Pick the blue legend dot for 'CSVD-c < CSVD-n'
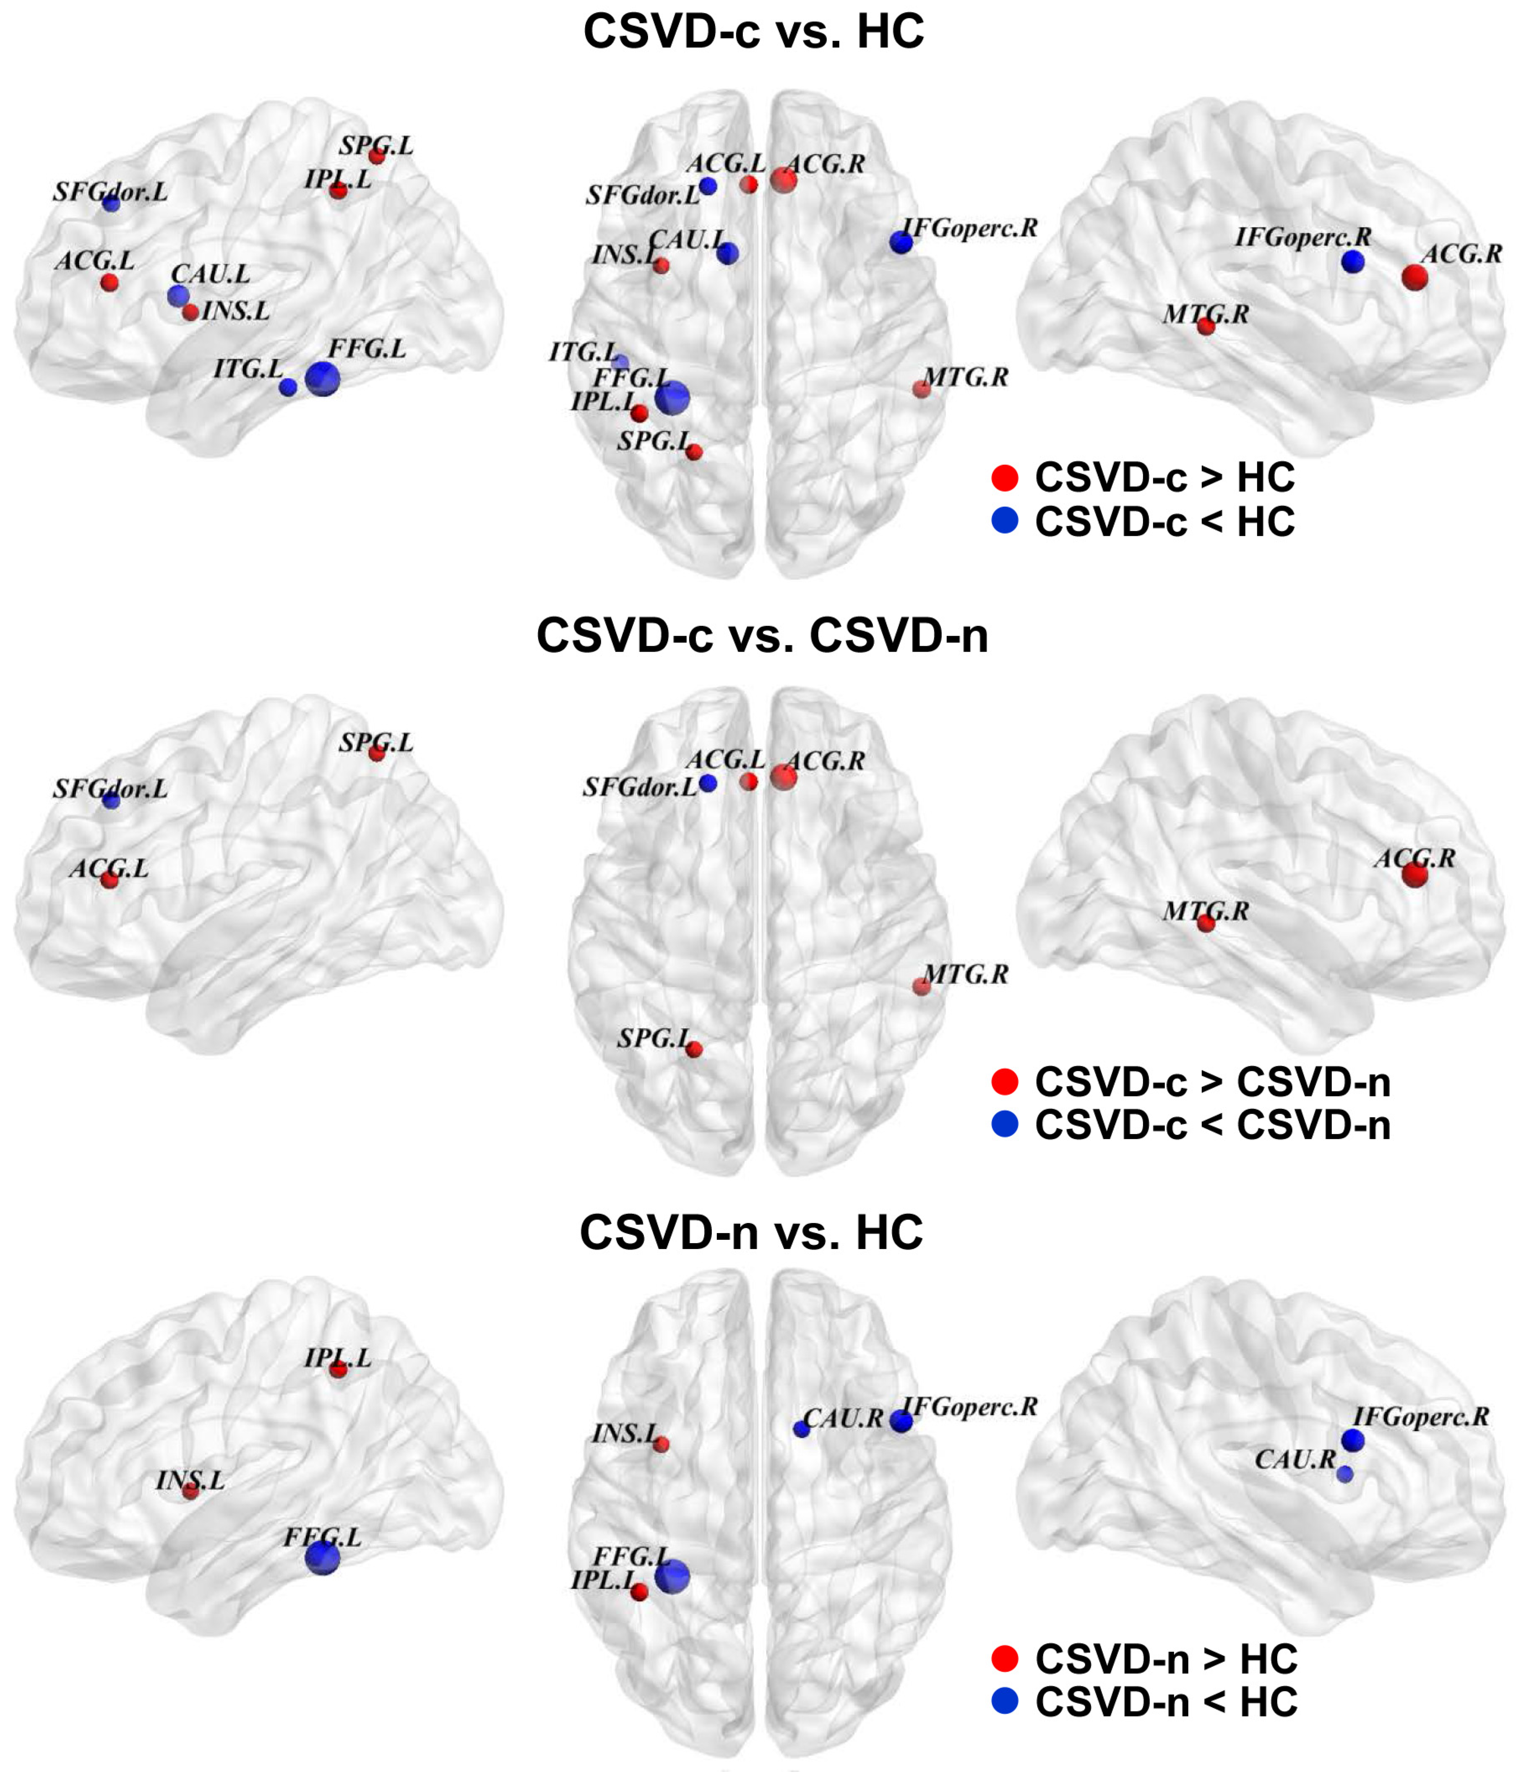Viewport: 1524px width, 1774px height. tap(1004, 1124)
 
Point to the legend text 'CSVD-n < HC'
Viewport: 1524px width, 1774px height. tap(1166, 1702)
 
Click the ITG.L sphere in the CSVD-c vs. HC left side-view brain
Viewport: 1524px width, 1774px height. tap(289, 387)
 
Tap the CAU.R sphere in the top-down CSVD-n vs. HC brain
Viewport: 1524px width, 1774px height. tap(801, 1429)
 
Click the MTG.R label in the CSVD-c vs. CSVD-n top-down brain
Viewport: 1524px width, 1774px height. tap(966, 973)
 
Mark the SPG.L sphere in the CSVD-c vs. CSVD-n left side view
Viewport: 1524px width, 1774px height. tap(377, 753)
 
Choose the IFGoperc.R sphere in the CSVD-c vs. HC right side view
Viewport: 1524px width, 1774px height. tap(1353, 262)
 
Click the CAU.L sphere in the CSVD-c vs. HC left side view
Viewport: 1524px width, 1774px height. tap(178, 295)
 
